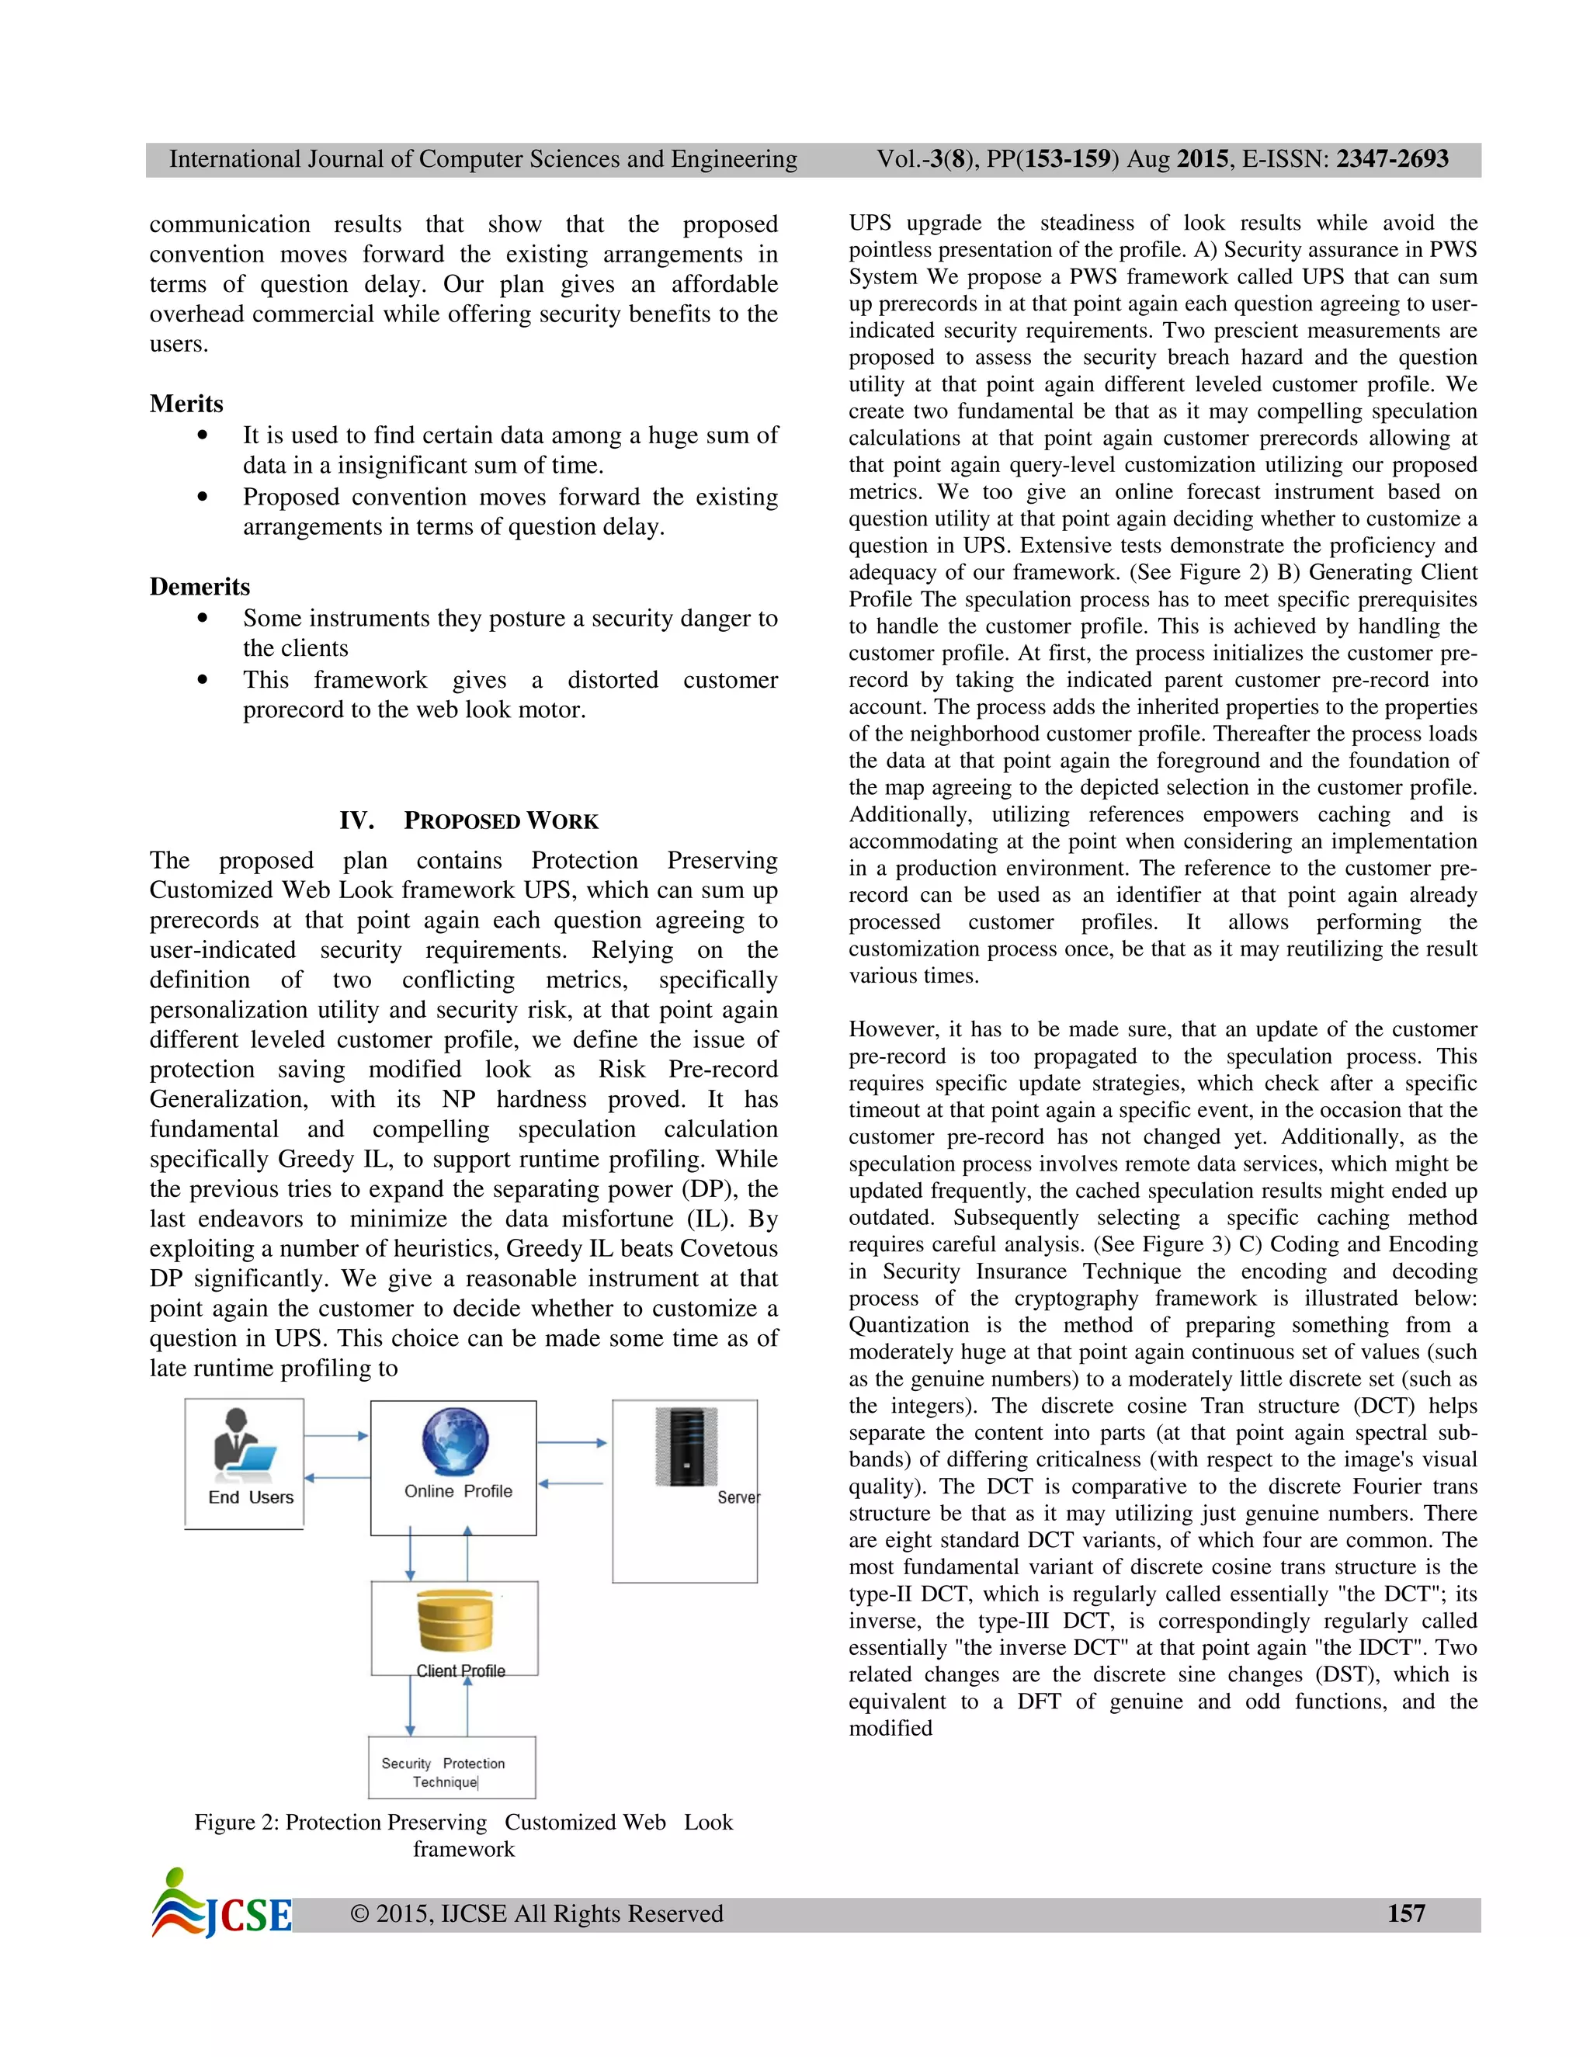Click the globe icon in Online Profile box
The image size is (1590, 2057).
point(455,1441)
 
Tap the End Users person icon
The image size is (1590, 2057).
point(242,1441)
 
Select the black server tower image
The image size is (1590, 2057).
point(686,1447)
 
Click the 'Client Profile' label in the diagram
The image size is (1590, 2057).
point(460,1671)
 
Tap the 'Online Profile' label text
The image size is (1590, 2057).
point(458,1491)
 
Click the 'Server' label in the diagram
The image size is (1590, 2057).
point(738,1497)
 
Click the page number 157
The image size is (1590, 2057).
point(1405,1913)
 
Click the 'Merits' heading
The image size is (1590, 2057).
point(186,404)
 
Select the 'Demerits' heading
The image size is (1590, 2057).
point(200,587)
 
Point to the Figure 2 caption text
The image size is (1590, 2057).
point(463,1835)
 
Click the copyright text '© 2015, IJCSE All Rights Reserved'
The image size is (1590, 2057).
point(536,1914)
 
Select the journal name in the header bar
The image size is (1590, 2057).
point(483,159)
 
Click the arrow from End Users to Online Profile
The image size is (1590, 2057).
point(336,1436)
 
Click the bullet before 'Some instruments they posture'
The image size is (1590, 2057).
point(203,619)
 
